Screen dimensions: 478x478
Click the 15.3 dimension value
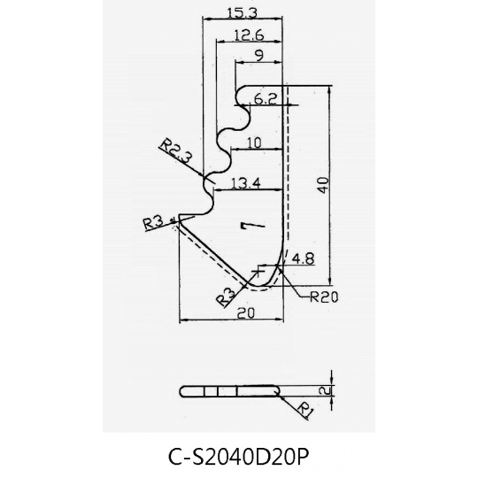pyautogui.click(x=243, y=13)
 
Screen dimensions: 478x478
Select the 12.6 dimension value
pyautogui.click(x=249, y=35)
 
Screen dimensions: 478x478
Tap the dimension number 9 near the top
pyautogui.click(x=259, y=56)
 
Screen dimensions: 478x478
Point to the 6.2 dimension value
pyautogui.click(x=266, y=99)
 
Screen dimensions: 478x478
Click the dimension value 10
pyautogui.click(x=253, y=143)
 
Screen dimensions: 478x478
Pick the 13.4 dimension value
pyautogui.click(x=246, y=183)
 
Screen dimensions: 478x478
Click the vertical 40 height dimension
pyautogui.click(x=323, y=185)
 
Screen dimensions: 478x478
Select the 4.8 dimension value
pyautogui.click(x=303, y=259)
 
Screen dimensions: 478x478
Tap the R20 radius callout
pyautogui.click(x=324, y=297)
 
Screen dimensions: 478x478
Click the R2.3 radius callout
pyautogui.click(x=176, y=150)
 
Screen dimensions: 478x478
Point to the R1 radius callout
pyautogui.click(x=305, y=410)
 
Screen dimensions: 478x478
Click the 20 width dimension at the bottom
pyautogui.click(x=246, y=312)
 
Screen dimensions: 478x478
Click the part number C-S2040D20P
pyautogui.click(x=239, y=457)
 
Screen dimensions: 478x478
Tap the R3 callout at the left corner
pyautogui.click(x=153, y=223)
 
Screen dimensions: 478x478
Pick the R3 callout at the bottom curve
pyautogui.click(x=226, y=297)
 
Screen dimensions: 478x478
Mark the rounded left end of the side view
pyautogui.click(x=183, y=391)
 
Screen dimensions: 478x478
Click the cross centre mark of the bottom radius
pyautogui.click(x=258, y=270)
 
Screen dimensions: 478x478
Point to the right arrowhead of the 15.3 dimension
pyautogui.click(x=278, y=19)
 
